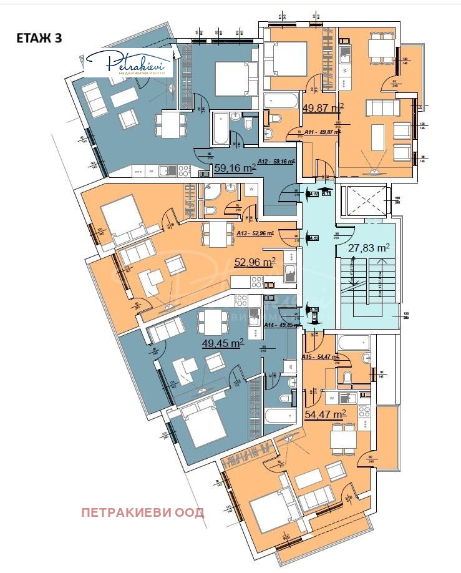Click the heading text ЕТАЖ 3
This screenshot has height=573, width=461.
pyautogui.click(x=39, y=37)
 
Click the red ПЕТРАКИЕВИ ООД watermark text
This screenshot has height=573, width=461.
pyautogui.click(x=143, y=512)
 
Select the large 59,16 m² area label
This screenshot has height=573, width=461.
pyautogui.click(x=235, y=168)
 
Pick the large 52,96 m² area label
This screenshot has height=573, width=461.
pyautogui.click(x=255, y=263)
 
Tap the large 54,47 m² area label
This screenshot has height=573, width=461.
pyautogui.click(x=325, y=414)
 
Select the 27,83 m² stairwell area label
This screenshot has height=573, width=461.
pyautogui.click(x=369, y=248)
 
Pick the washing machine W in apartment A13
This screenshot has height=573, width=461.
pyautogui.click(x=251, y=189)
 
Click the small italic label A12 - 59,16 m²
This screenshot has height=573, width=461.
pyautogui.click(x=277, y=162)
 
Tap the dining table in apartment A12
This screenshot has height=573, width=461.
pyautogui.click(x=170, y=123)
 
